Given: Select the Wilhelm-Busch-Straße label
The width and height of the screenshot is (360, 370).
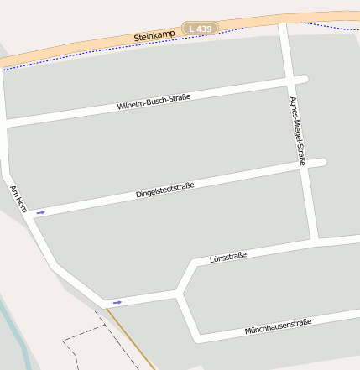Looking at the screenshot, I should click(x=154, y=102).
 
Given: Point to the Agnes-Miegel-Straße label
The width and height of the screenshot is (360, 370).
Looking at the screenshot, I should click(x=297, y=130).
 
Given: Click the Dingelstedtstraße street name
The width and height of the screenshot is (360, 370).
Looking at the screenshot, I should click(x=164, y=190).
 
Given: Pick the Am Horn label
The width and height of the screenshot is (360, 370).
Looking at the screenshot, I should click(x=18, y=198).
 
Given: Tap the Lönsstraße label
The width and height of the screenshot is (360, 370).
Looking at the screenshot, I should click(x=227, y=257).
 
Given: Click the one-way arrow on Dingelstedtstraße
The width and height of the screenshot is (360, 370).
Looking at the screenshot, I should click(x=40, y=212).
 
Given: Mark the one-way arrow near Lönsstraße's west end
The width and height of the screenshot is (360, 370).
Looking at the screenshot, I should click(x=117, y=302).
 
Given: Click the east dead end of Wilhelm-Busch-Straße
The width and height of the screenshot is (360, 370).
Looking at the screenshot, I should click(x=305, y=80).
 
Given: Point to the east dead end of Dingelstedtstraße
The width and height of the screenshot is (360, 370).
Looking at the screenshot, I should click(x=322, y=162).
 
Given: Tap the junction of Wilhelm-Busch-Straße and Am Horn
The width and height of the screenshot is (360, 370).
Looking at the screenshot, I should click(x=6, y=124).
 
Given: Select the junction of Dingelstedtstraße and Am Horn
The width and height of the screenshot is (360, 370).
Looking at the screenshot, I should click(x=30, y=212).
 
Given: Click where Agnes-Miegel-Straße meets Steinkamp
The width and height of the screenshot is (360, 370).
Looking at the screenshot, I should click(x=282, y=23).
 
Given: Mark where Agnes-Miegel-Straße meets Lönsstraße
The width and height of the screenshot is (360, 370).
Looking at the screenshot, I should click(x=314, y=242).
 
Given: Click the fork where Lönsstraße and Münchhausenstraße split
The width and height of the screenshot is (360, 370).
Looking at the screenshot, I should click(x=179, y=293).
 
